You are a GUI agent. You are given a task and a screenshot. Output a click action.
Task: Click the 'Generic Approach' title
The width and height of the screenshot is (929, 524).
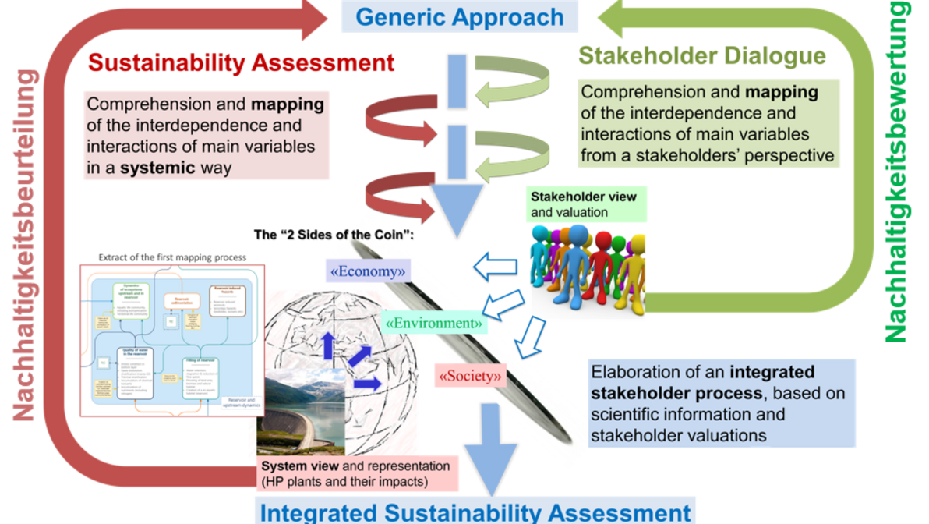coord(460,16)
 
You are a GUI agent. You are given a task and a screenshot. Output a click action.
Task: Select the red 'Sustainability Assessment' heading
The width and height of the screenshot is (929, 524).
coord(242,62)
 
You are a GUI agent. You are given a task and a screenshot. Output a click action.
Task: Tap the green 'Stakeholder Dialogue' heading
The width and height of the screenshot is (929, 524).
coord(701,56)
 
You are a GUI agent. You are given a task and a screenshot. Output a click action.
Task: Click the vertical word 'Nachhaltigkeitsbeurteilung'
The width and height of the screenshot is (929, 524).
coord(26,245)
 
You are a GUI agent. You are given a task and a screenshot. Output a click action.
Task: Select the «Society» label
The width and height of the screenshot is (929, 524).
coord(470,376)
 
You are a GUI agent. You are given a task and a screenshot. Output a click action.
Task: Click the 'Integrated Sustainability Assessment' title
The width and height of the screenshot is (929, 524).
coord(475,512)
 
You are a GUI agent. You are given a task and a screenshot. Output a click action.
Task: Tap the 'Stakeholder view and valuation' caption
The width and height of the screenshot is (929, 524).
coord(584,204)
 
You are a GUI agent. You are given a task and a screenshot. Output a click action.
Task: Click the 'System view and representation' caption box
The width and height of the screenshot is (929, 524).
coord(358,473)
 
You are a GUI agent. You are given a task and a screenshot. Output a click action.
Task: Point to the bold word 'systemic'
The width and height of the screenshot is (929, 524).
coord(151,167)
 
